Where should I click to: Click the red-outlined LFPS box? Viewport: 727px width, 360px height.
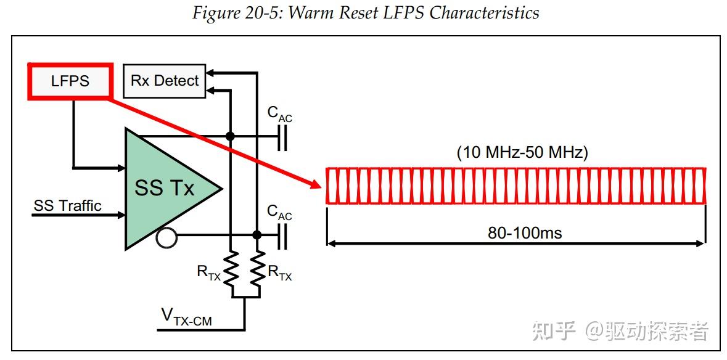pos(70,81)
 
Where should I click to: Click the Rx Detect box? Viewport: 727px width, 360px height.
pos(165,81)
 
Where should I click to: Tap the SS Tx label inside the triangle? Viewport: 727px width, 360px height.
pos(165,187)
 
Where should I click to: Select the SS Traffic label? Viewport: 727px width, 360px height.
pos(68,206)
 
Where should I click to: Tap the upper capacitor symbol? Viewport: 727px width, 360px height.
pos(282,136)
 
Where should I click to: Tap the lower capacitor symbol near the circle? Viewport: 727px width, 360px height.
pos(282,235)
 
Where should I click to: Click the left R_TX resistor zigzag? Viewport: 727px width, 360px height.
pos(231,268)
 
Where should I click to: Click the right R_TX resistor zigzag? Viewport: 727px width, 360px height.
pos(258,268)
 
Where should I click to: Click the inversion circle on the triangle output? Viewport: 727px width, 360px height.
pos(166,237)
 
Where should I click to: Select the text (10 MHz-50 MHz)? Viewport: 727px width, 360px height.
pos(522,153)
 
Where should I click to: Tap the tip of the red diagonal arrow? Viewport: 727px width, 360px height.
pos(320,184)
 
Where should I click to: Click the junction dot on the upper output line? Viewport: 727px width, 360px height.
pos(231,136)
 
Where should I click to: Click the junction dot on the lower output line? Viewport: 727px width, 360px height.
pos(257,235)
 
